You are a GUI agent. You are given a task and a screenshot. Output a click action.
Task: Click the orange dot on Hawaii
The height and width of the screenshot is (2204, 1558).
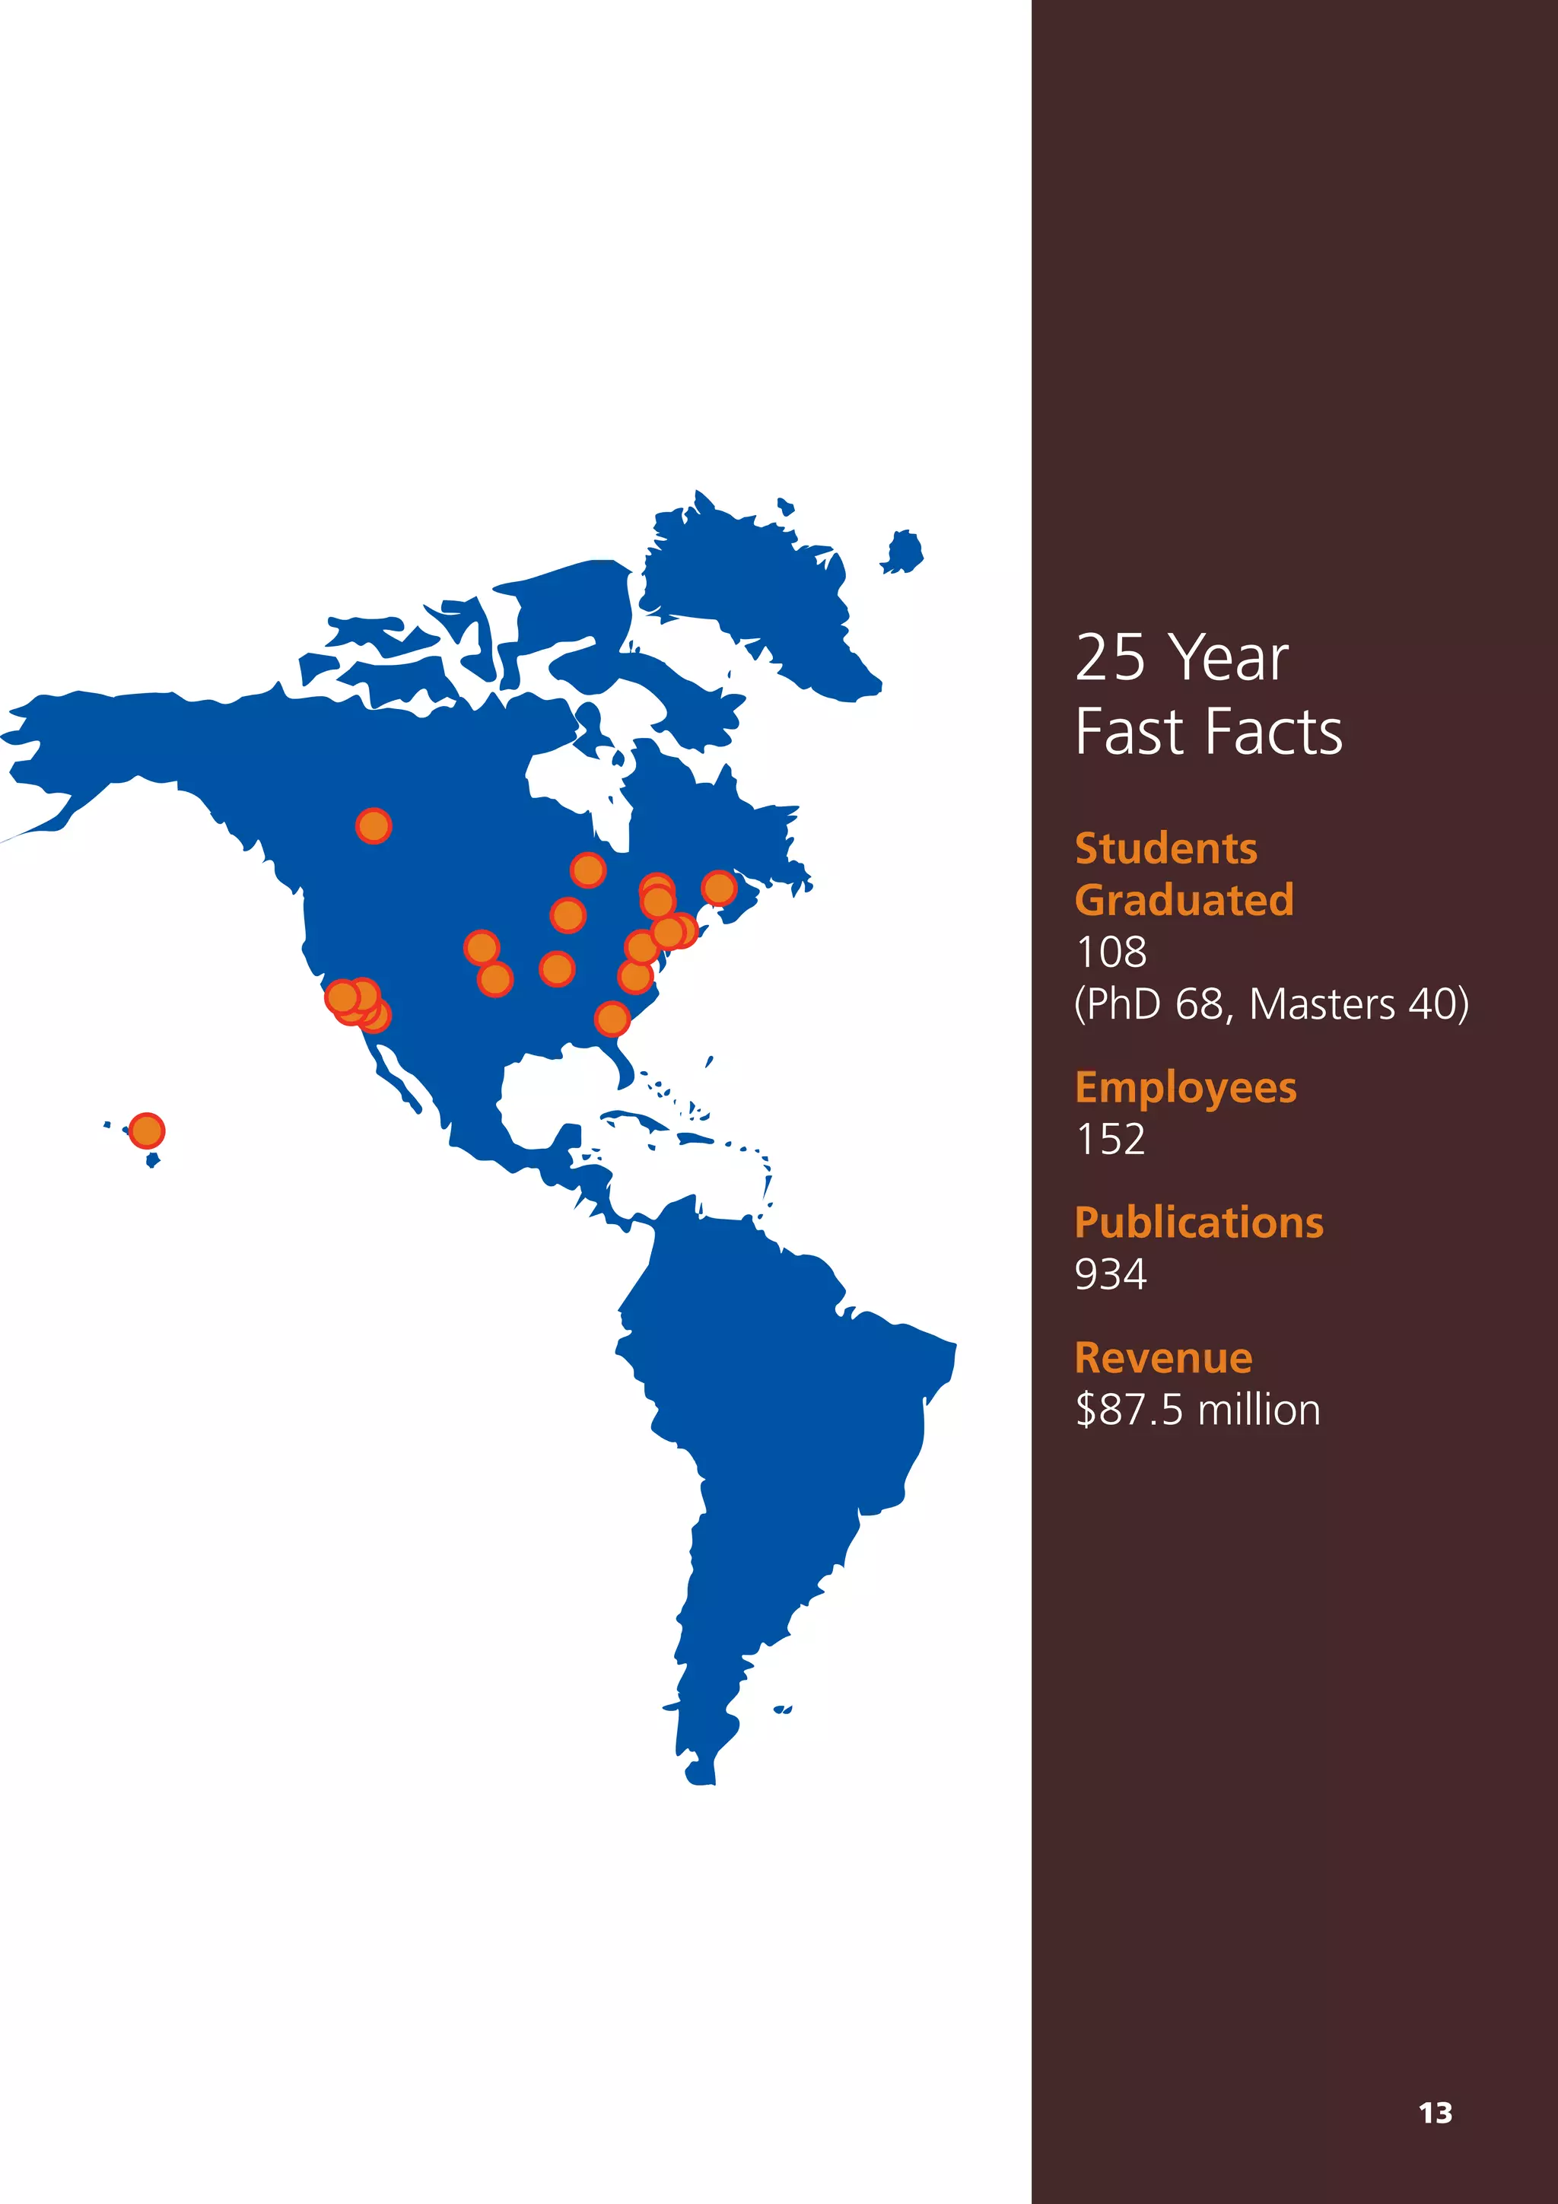[146, 1130]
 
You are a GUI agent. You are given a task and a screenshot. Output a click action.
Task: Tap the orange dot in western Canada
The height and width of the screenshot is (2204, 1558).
[374, 825]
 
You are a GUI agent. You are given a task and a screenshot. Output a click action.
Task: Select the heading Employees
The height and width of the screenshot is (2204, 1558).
[1185, 1088]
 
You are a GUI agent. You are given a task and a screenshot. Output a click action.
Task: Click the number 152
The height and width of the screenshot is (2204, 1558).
[1111, 1140]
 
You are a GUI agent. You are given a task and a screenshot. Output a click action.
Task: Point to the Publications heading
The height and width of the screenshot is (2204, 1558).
[1199, 1223]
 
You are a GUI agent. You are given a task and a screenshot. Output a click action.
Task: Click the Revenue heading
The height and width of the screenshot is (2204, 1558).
[1163, 1358]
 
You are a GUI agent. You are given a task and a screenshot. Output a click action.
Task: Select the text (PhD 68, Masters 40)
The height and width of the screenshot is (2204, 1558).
[1271, 1004]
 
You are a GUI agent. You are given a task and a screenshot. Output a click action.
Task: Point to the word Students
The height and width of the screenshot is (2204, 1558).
[1165, 848]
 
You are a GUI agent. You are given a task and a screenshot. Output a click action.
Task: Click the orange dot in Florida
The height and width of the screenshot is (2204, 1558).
[612, 1017]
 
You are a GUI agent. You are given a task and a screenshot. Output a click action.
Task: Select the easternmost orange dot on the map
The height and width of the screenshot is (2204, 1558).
[719, 888]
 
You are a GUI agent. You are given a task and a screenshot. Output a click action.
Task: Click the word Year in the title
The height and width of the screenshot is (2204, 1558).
[1231, 659]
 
